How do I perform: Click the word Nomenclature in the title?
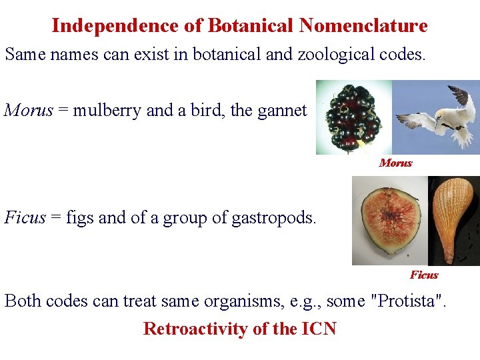(363, 26)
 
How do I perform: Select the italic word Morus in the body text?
(28, 110)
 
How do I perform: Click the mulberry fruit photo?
(352, 118)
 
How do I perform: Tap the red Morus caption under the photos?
(395, 163)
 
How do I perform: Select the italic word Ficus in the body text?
(25, 217)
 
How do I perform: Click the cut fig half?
(389, 221)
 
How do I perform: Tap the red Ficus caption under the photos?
(424, 275)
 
